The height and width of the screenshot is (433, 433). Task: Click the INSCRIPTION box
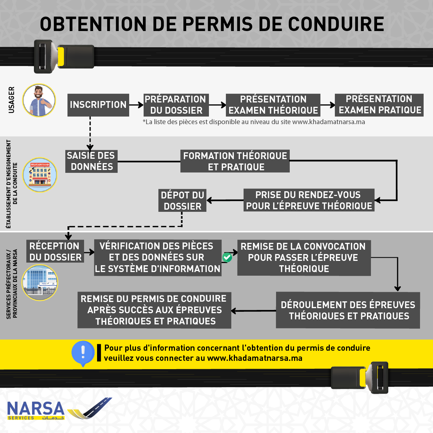(x=98, y=105)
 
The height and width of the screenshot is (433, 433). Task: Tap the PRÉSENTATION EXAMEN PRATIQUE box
(x=379, y=105)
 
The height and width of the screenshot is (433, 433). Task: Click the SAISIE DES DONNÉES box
(x=91, y=161)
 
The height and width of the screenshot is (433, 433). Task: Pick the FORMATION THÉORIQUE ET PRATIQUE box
(x=235, y=161)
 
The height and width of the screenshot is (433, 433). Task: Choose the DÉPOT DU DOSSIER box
(x=182, y=201)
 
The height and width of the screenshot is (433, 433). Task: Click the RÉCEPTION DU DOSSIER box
(x=55, y=252)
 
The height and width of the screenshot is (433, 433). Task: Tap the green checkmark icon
(x=227, y=257)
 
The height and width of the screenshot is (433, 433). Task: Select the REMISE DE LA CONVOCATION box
(x=304, y=258)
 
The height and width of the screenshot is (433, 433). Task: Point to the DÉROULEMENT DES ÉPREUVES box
(x=348, y=310)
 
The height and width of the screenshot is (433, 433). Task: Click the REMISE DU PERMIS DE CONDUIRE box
(x=154, y=310)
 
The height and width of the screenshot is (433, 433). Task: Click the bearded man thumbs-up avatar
(x=39, y=100)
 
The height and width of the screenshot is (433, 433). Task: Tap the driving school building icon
(x=40, y=175)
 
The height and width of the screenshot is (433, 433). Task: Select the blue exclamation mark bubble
(x=83, y=353)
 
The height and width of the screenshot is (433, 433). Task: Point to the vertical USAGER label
(x=12, y=100)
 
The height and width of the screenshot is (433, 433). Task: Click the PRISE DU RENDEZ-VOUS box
(x=309, y=200)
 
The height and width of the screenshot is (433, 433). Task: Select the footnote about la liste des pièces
(x=254, y=122)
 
